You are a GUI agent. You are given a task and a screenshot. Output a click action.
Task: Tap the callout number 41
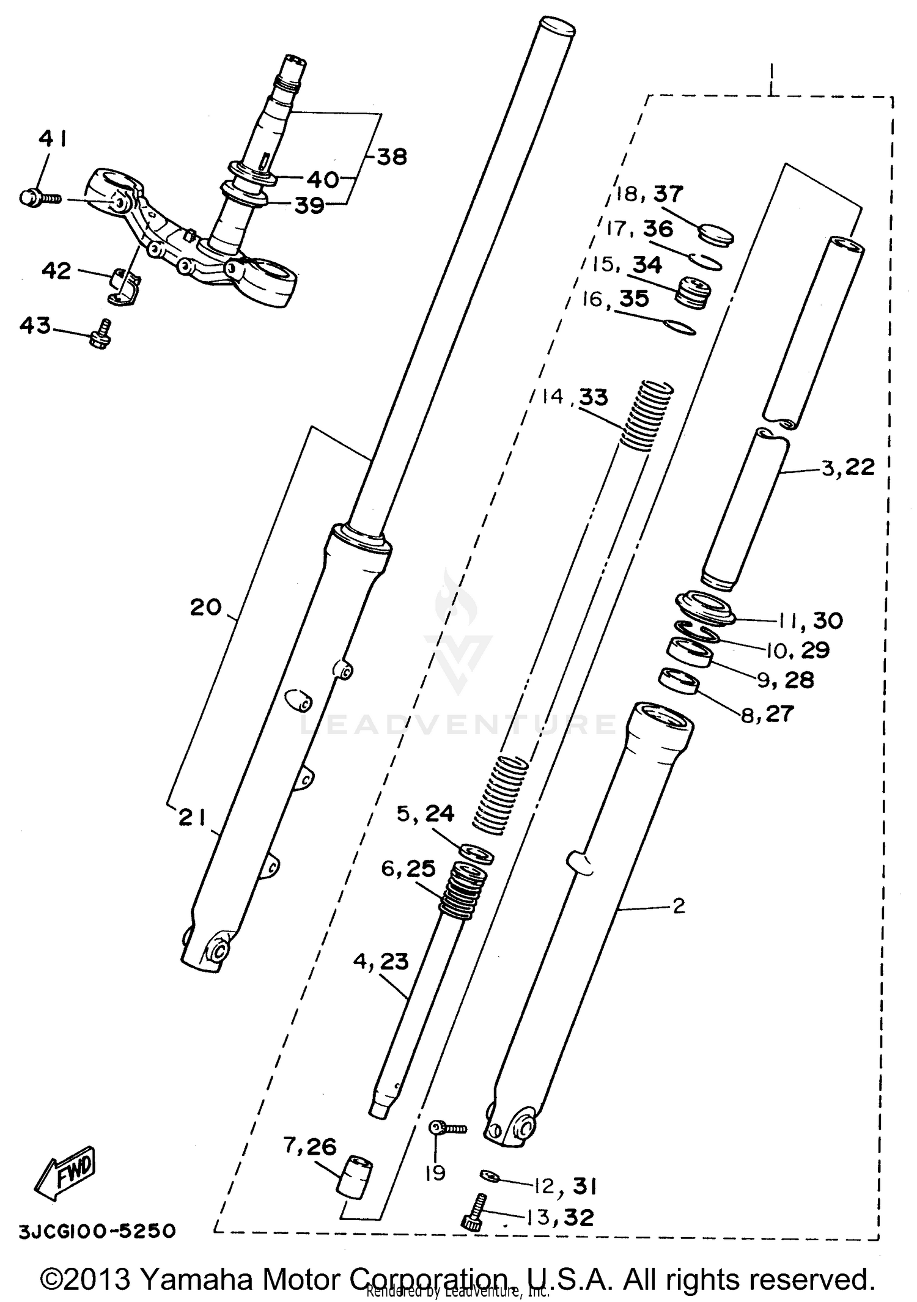coord(53,140)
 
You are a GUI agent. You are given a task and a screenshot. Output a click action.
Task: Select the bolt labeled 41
coord(38,198)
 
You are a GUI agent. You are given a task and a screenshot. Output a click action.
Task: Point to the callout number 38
coord(391,157)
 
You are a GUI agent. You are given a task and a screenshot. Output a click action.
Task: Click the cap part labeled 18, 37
coord(716,235)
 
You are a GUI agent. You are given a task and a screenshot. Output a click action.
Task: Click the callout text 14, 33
coord(575,397)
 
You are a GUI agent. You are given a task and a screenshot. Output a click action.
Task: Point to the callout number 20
coord(205,607)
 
